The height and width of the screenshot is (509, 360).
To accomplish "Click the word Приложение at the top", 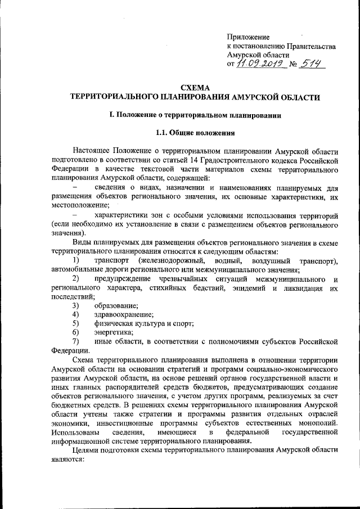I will click(x=248, y=37).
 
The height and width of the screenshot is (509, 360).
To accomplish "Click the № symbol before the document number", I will click(x=292, y=66).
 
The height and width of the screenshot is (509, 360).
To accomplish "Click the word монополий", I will click(x=317, y=422).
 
